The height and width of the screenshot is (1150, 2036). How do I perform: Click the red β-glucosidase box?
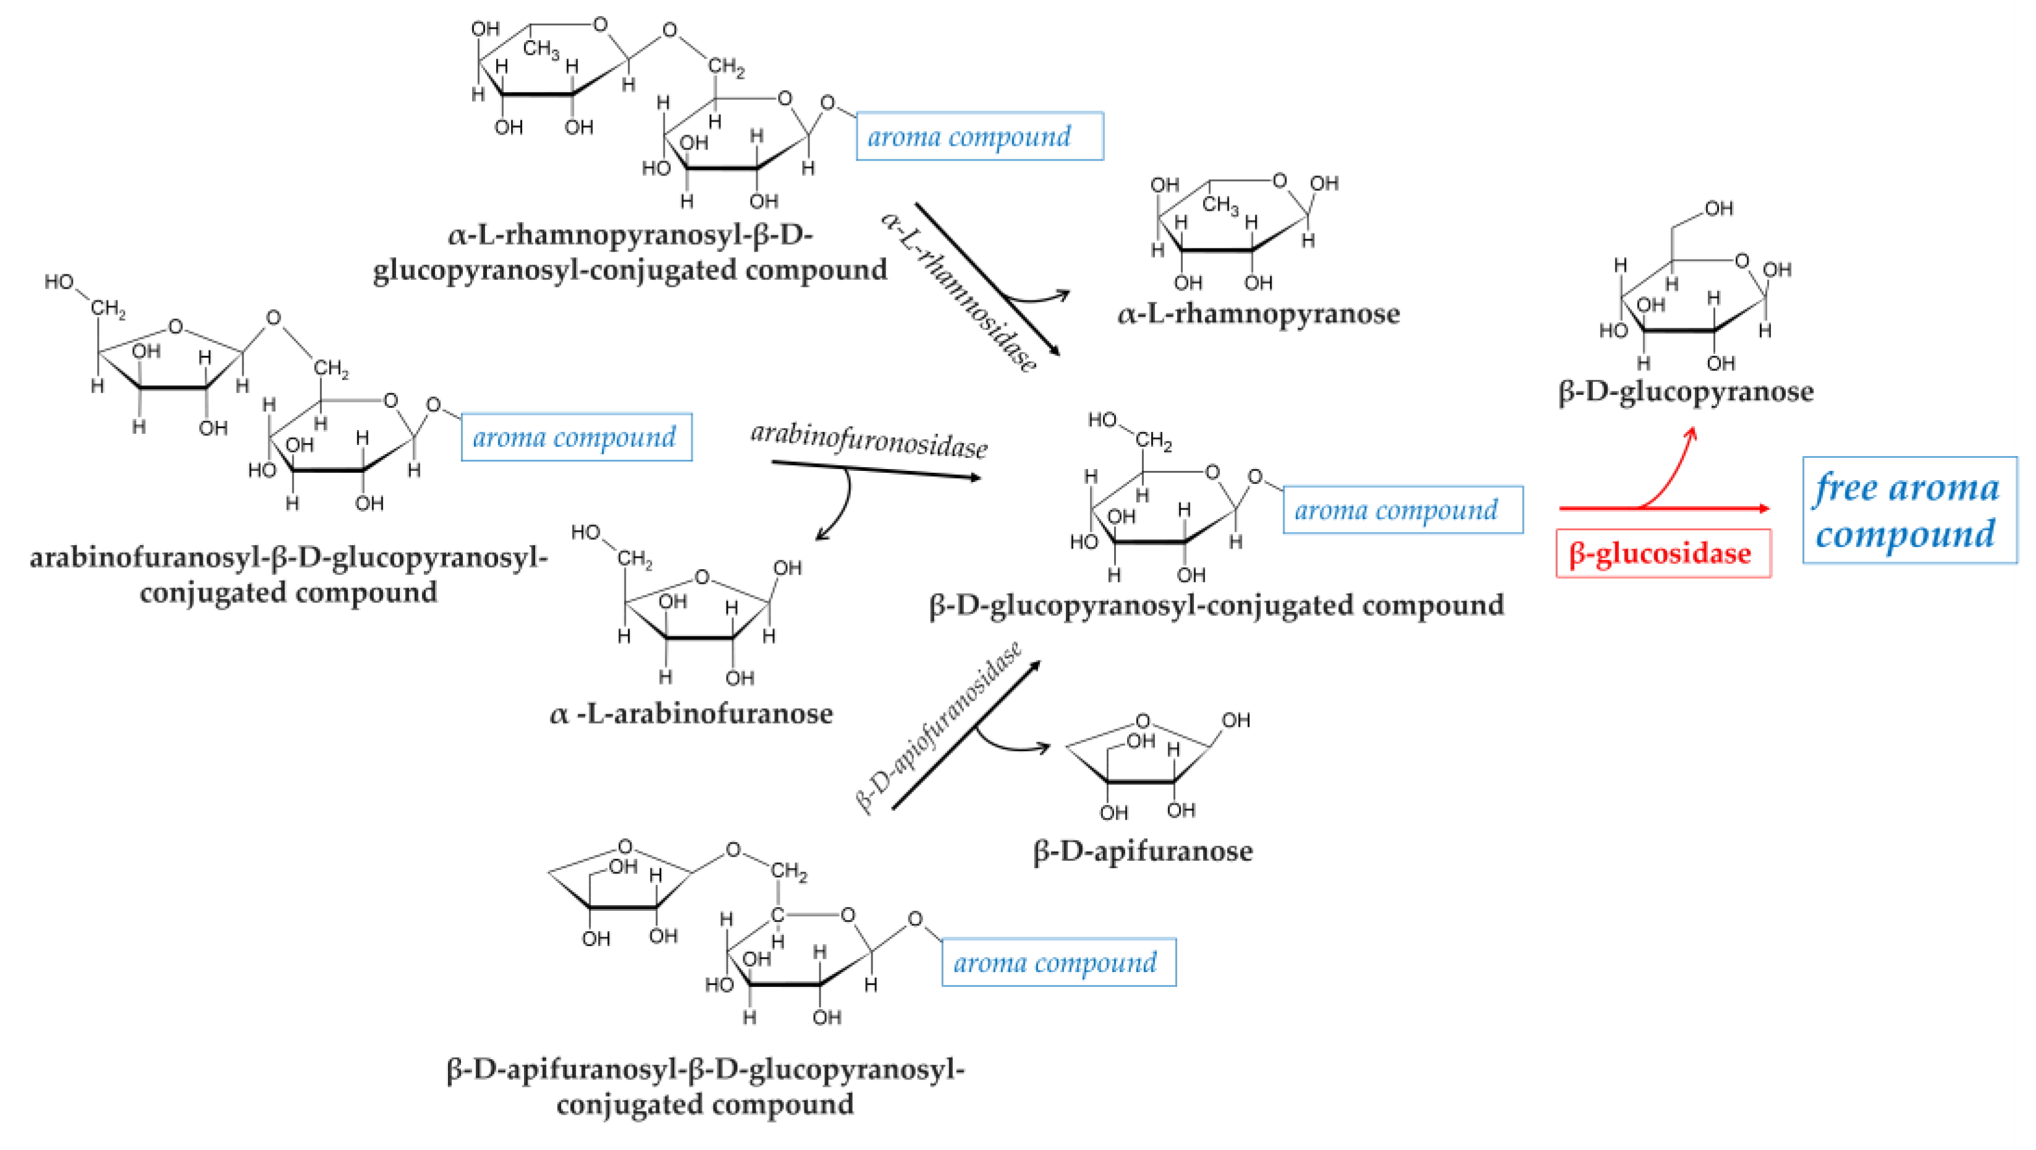(1662, 553)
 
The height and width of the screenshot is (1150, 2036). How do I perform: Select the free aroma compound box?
(1908, 510)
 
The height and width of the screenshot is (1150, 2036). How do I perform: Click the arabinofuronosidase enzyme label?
(868, 440)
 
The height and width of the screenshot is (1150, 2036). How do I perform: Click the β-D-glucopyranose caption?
(1685, 392)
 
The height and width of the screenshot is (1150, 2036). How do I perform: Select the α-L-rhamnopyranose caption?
(1257, 315)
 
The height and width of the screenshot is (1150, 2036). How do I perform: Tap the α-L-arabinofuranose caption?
(691, 714)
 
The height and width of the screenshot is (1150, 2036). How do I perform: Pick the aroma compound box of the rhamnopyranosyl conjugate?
(979, 137)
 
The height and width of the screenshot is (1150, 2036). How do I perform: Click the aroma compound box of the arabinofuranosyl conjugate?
(576, 437)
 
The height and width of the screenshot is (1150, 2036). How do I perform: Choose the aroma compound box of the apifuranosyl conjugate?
(1057, 963)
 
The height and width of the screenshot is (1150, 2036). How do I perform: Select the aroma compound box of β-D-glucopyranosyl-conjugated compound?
(1401, 510)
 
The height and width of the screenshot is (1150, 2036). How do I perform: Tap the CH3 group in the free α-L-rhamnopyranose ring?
(1220, 206)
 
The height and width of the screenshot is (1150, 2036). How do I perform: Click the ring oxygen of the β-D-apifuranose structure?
(1142, 721)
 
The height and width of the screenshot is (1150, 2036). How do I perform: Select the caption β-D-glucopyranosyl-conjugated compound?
(1215, 606)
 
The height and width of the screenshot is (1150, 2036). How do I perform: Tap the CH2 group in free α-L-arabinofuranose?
(634, 560)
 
